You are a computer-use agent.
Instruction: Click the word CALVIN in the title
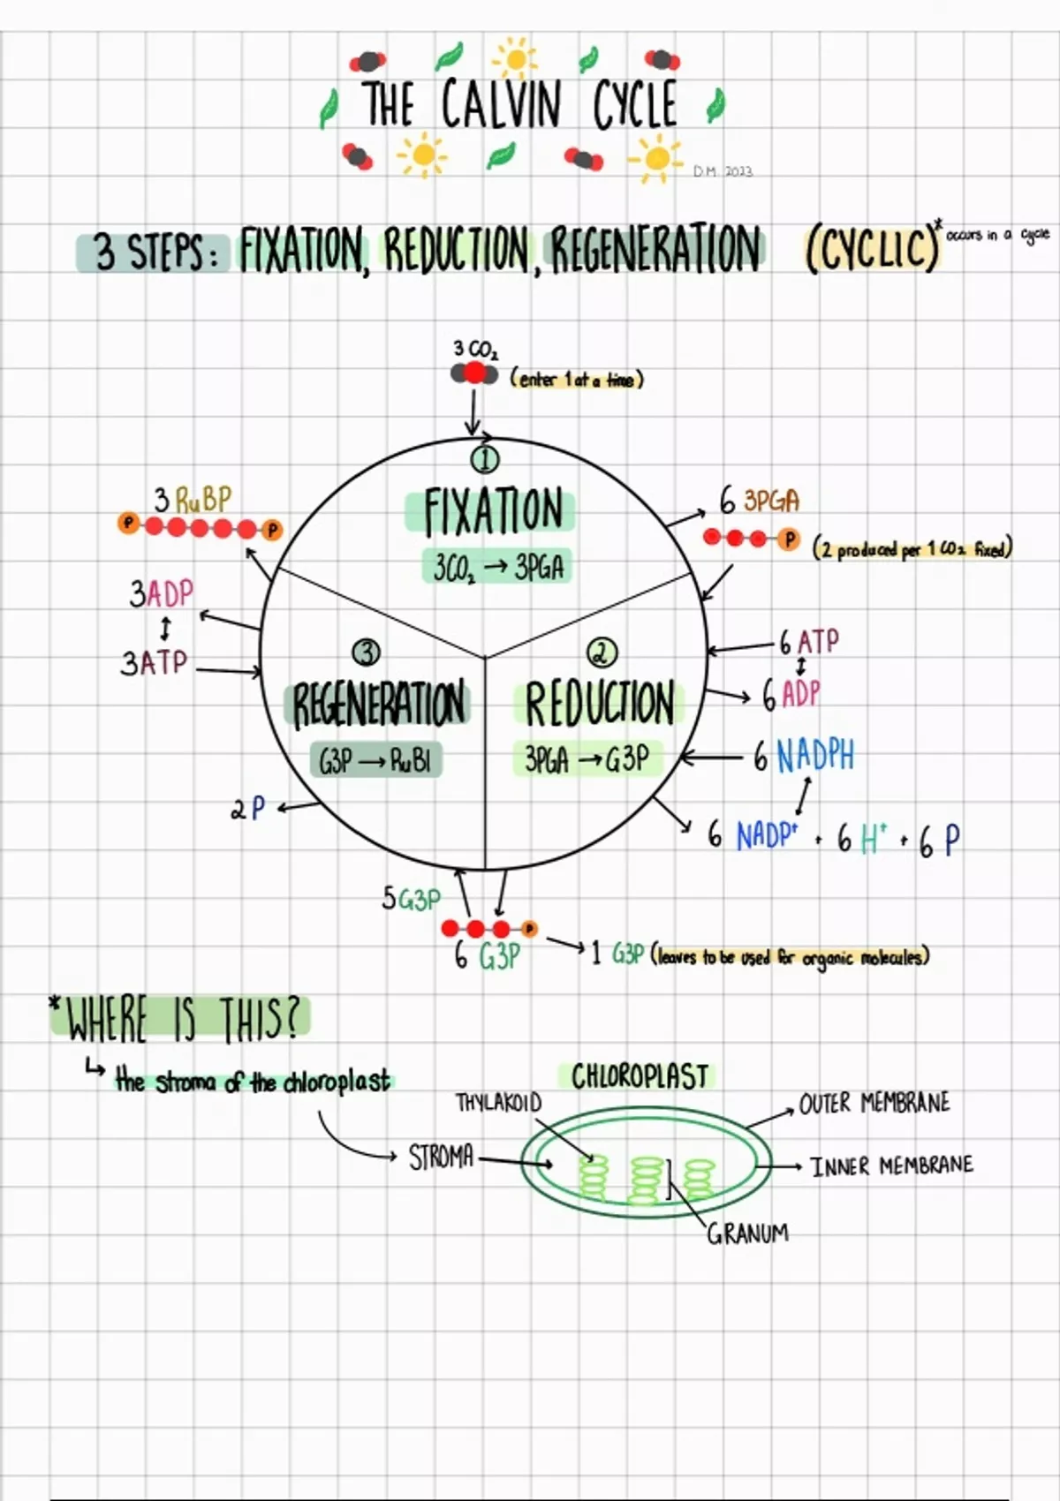tap(500, 104)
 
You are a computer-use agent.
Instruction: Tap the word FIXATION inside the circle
tap(492, 511)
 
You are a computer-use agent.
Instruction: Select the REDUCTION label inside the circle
tap(600, 703)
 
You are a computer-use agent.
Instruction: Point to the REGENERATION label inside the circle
tap(378, 704)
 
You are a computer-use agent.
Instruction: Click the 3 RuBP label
tap(193, 500)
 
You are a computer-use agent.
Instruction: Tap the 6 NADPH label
tap(804, 757)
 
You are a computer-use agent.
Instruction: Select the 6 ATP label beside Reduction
tap(808, 641)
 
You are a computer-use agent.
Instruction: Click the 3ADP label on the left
tap(161, 593)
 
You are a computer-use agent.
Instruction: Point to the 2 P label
tap(248, 808)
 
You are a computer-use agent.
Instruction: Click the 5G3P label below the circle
tap(411, 899)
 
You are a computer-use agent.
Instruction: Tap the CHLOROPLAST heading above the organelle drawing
tap(640, 1076)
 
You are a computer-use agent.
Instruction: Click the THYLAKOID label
tap(498, 1103)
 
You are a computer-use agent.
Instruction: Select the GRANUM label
tap(747, 1233)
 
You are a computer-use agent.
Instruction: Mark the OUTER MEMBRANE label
tap(874, 1104)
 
